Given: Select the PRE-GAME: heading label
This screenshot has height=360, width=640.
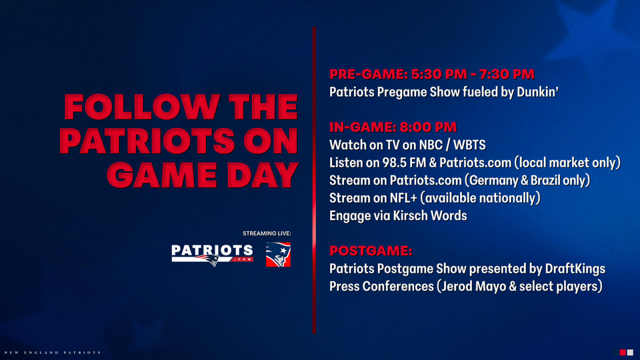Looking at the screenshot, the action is click(x=368, y=74).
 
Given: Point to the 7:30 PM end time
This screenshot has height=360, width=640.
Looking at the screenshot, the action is click(x=507, y=74).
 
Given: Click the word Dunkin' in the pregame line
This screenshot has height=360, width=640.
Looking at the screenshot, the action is click(x=537, y=92).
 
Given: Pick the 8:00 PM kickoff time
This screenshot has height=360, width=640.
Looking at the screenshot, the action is click(x=427, y=127).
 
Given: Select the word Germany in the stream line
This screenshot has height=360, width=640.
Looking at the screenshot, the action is click(x=493, y=180).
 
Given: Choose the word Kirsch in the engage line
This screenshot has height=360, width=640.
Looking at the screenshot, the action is click(x=410, y=215).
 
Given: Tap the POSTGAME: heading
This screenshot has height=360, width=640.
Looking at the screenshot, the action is click(x=371, y=251).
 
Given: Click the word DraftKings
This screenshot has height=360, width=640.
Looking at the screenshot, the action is click(x=575, y=268).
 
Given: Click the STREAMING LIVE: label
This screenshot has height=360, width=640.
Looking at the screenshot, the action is click(x=267, y=233).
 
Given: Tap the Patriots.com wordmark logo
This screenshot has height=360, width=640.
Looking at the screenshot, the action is click(x=212, y=255).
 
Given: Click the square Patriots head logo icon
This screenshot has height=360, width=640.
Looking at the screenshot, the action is click(x=278, y=254).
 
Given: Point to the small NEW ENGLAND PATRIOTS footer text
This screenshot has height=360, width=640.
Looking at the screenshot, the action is click(x=52, y=352).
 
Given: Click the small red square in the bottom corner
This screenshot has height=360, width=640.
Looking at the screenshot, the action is click(x=623, y=352).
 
